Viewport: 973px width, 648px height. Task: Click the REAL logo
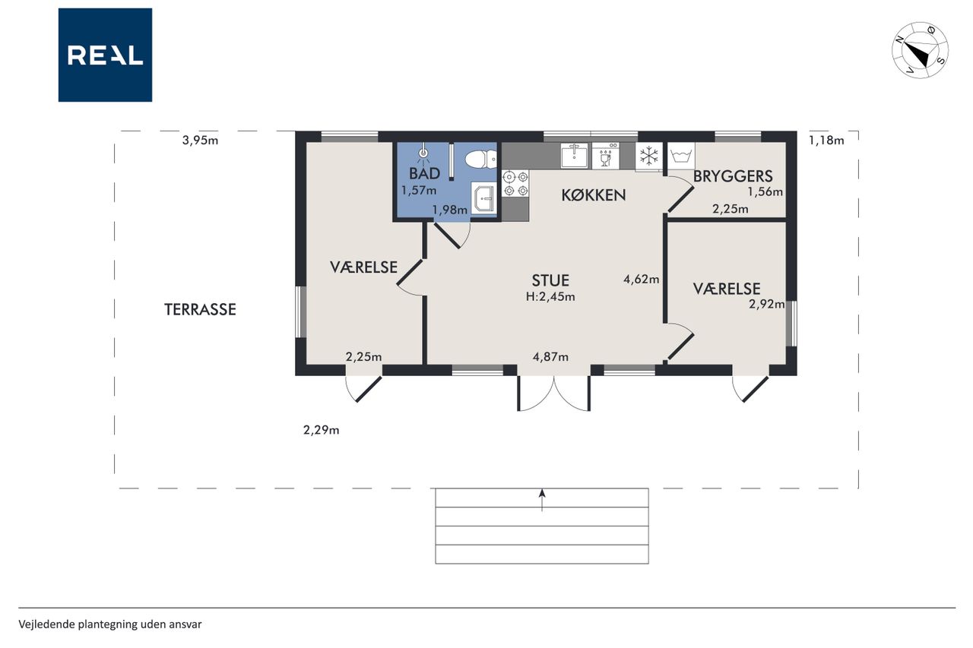click(x=105, y=55)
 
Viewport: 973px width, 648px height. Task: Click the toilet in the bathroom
click(x=481, y=160)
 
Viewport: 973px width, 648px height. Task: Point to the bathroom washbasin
click(x=483, y=198)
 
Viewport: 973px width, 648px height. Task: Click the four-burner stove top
click(x=515, y=184)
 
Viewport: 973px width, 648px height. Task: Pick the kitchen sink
click(x=574, y=156)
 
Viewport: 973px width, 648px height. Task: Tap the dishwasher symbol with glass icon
click(x=606, y=156)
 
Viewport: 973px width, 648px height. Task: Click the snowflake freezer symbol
click(x=649, y=156)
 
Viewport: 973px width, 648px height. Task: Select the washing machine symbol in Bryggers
click(x=681, y=156)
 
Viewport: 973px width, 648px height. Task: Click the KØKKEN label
click(x=594, y=195)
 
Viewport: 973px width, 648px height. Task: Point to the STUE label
click(x=550, y=280)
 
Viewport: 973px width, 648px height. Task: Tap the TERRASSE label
click(x=200, y=309)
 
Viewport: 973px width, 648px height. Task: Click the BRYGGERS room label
click(x=733, y=176)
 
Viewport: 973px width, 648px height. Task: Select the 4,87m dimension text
click(x=550, y=357)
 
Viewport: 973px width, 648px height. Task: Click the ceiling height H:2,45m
click(x=550, y=297)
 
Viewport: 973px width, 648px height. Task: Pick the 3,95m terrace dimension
click(x=200, y=141)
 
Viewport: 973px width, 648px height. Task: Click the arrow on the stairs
click(x=542, y=500)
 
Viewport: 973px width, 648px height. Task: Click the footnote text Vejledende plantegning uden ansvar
click(x=110, y=624)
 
